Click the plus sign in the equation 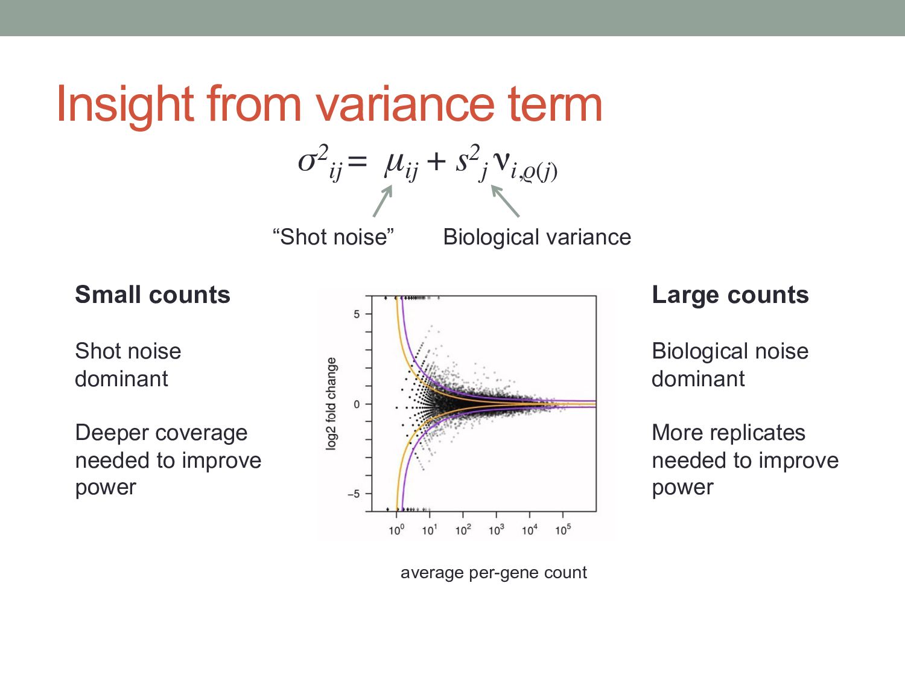pyautogui.click(x=435, y=162)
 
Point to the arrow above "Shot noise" pyautogui.click(x=383, y=201)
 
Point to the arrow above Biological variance pyautogui.click(x=506, y=201)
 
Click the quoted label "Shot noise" pyautogui.click(x=333, y=237)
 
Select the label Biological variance pyautogui.click(x=537, y=237)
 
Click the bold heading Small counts pyautogui.click(x=153, y=295)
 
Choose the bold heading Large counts pyautogui.click(x=730, y=295)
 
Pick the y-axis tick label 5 pyautogui.click(x=357, y=314)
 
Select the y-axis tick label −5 pyautogui.click(x=354, y=494)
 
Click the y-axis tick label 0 pyautogui.click(x=357, y=404)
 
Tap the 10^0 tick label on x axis pyautogui.click(x=396, y=530)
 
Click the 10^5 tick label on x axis pyautogui.click(x=563, y=530)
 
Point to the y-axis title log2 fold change pyautogui.click(x=331, y=403)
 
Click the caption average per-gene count pyautogui.click(x=494, y=572)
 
